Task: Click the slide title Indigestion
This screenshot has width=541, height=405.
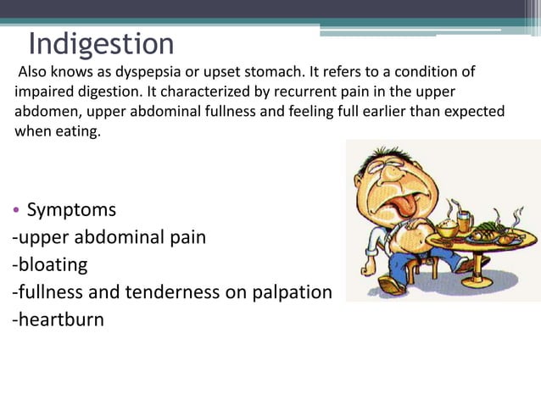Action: coord(101,44)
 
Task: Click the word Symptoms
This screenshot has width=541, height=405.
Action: coord(71,209)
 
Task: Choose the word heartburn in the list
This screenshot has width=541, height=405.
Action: coord(59,319)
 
